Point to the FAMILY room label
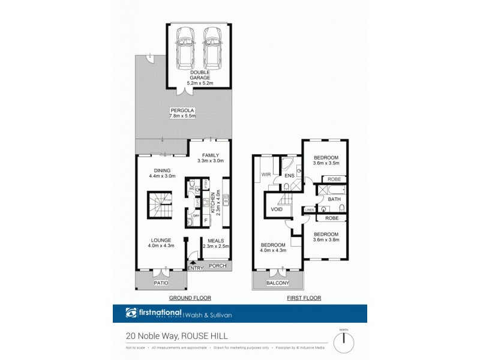point(211,158)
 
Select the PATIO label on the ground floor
point(160,283)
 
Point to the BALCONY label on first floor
point(278,283)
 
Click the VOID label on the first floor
point(277,209)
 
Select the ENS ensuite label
point(289,176)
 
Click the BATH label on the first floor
point(334,199)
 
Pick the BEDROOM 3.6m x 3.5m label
point(326,160)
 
